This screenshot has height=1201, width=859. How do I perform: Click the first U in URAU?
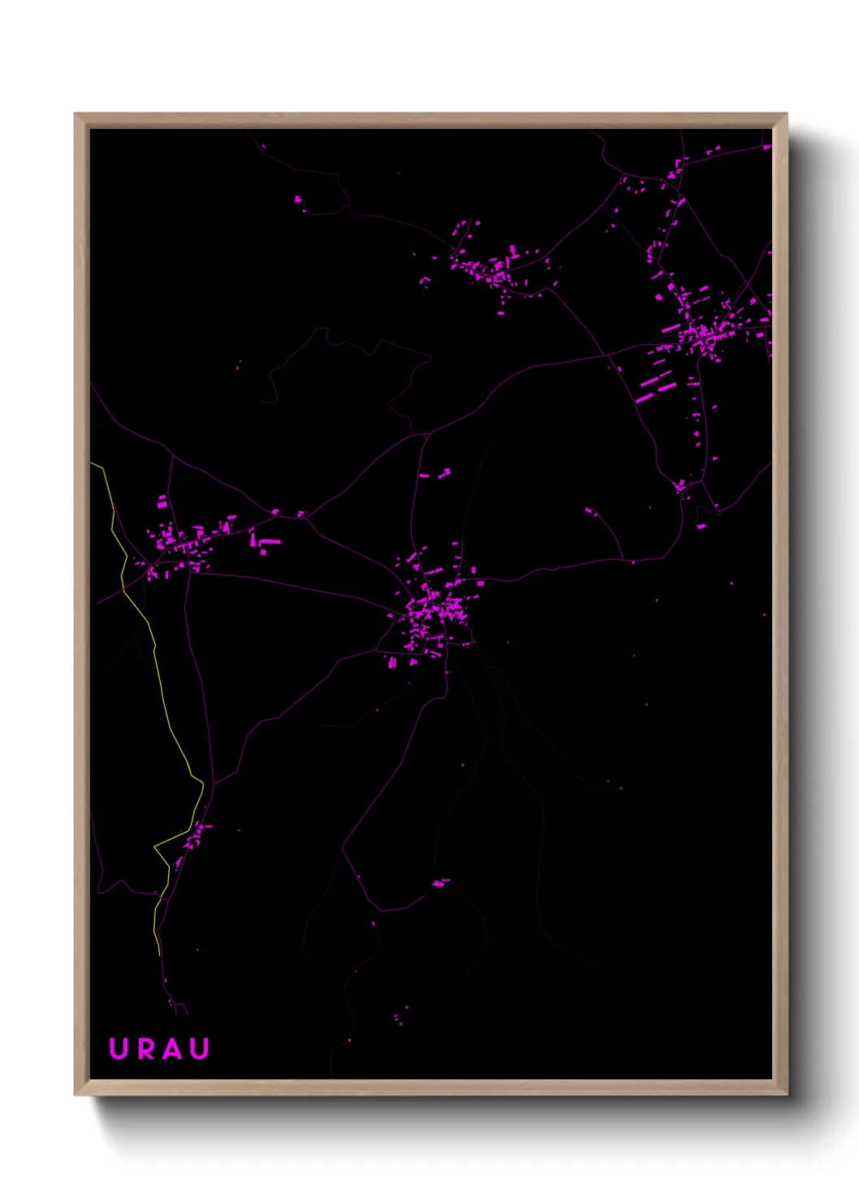119,1048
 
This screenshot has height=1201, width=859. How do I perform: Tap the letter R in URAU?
146,1048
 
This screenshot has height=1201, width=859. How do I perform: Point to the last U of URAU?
199,1048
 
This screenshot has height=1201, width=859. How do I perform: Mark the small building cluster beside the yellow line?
192,836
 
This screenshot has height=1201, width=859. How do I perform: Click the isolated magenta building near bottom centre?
439,883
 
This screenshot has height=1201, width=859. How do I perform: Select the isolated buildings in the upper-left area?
299,199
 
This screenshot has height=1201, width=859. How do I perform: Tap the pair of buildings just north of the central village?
435,473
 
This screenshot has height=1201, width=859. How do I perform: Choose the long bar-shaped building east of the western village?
270,541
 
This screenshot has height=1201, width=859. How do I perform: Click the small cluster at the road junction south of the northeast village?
680,486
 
